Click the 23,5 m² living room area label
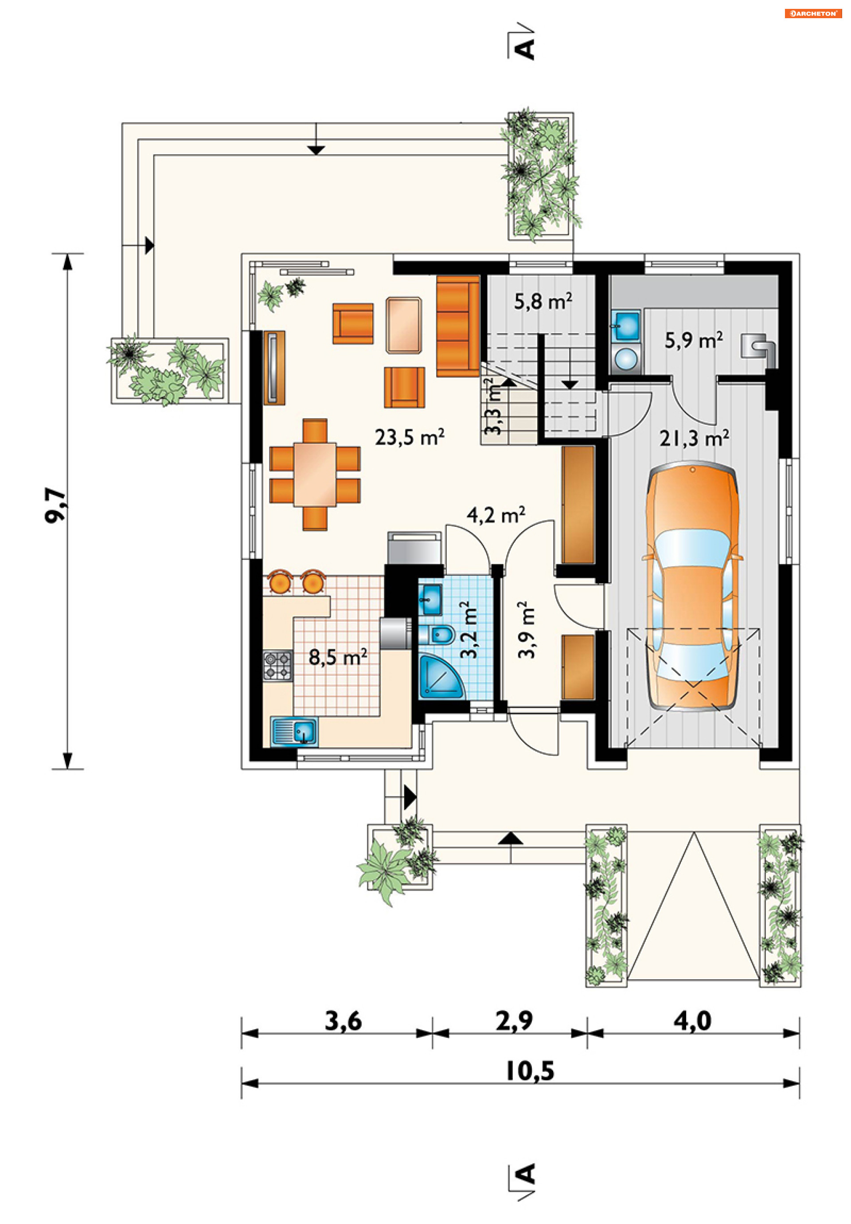(409, 438)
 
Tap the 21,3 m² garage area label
(693, 439)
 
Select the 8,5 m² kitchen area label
(337, 657)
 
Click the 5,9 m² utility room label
(693, 340)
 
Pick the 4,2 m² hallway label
(496, 515)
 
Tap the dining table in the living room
(314, 475)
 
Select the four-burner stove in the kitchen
(277, 666)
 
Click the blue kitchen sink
(294, 731)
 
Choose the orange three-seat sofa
(458, 326)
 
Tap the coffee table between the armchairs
(404, 325)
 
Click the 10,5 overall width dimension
(530, 1071)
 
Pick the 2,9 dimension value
(514, 1021)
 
